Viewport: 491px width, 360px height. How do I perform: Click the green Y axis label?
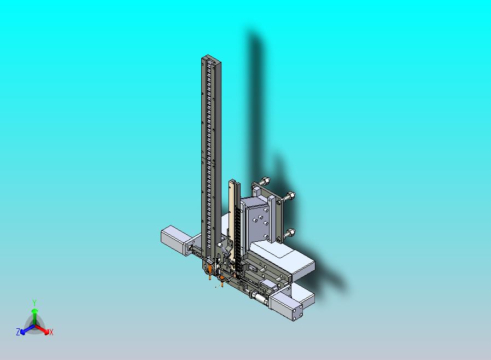pos(34,303)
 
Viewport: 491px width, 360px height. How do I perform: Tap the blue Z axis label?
pos(18,332)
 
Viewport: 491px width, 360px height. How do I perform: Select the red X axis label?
pos(51,333)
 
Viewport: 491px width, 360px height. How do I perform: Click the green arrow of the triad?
pos(34,316)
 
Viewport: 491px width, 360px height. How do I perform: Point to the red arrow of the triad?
pos(42,329)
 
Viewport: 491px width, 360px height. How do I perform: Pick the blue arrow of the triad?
pos(27,329)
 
